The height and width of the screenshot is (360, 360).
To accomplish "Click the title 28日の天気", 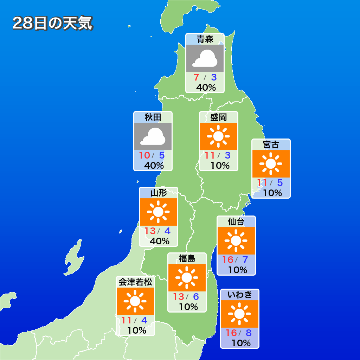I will coord(52,24).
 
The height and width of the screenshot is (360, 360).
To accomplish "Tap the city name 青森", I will coord(205,39).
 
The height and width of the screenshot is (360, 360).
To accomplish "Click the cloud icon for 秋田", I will coord(153,136).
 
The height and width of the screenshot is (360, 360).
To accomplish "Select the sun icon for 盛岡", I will coord(218,136).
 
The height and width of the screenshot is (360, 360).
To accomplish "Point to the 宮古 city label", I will coord(271,144).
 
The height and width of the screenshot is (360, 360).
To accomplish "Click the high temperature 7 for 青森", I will coord(197,77).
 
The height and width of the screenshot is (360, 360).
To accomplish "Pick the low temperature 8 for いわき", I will coord(249,333).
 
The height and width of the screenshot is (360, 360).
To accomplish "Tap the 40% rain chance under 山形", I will coord(159,241).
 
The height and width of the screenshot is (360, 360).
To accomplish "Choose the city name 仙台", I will coord(236,221).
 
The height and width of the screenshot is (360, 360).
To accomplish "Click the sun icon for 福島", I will coord(187,278).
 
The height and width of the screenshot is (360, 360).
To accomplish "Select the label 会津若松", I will coord(135,282).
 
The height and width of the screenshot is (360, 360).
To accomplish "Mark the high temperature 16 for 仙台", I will coord(228,260).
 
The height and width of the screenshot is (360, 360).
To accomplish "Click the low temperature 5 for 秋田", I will coord(162,155).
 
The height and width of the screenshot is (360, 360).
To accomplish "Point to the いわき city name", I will coord(240,295).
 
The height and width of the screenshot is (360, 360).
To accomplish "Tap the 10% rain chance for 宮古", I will coord(272,193).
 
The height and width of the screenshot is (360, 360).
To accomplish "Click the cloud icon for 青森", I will coord(205,58).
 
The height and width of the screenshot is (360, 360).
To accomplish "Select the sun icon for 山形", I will coord(158,212).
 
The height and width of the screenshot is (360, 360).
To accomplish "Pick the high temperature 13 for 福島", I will coord(178,297).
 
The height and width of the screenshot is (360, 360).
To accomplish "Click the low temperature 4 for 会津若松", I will coord(144,320).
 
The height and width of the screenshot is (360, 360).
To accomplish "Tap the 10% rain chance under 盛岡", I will coord(220,165).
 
